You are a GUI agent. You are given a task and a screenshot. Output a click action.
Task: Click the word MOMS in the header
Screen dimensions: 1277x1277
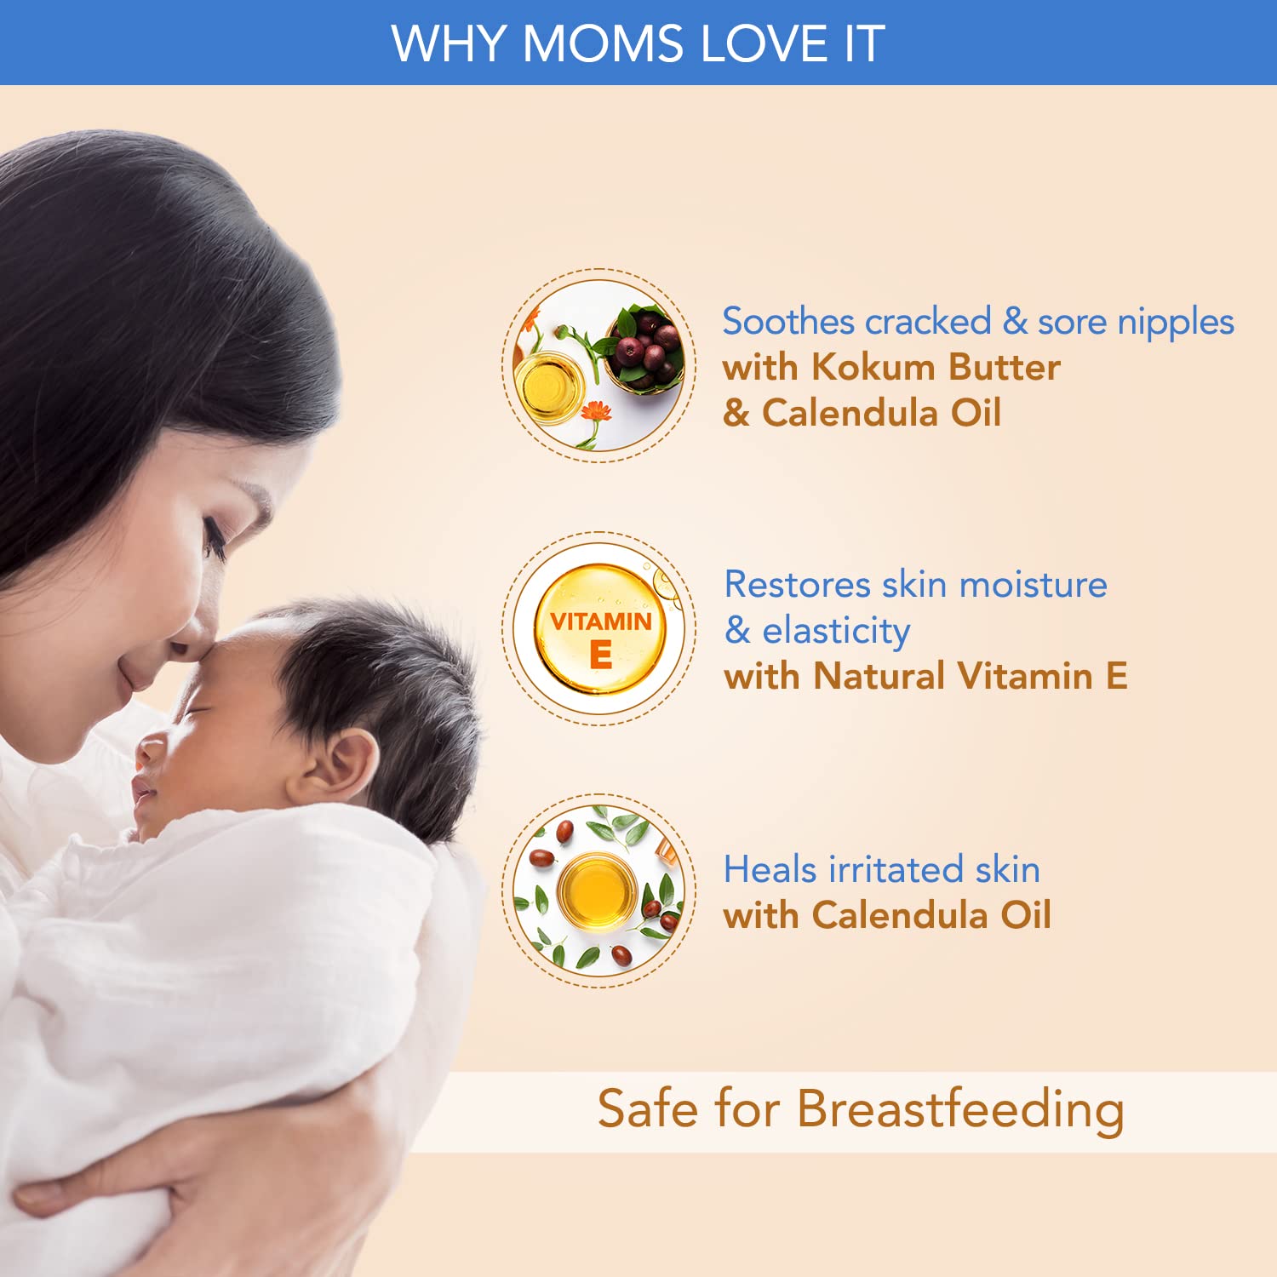[x=603, y=43]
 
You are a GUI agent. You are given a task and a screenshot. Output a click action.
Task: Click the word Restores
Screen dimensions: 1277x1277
[x=798, y=585]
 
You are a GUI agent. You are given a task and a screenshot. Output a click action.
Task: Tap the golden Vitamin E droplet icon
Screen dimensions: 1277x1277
[x=601, y=629]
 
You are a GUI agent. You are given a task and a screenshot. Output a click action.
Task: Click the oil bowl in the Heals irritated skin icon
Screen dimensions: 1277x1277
[x=598, y=890]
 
